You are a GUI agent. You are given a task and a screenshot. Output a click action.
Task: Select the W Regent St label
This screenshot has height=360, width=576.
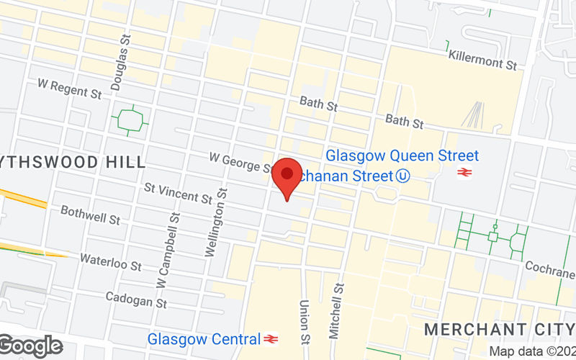(69, 89)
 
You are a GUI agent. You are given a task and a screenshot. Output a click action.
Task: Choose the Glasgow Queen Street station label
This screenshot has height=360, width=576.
(402, 156)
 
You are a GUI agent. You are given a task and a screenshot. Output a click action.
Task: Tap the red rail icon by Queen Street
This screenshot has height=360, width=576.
(464, 173)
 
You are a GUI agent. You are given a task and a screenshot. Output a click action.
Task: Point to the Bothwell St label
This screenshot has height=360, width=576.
(91, 214)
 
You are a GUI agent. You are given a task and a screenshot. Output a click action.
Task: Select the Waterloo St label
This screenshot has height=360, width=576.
(110, 261)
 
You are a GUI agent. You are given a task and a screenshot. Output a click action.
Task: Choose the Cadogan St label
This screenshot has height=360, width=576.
(135, 299)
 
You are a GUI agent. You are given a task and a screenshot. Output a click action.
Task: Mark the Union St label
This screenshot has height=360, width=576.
(305, 322)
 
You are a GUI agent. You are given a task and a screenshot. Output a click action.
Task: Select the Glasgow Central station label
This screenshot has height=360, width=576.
(204, 338)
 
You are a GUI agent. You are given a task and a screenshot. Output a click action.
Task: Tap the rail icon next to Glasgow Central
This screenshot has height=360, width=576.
(271, 338)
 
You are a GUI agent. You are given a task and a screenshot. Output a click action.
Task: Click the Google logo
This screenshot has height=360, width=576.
(31, 346)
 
